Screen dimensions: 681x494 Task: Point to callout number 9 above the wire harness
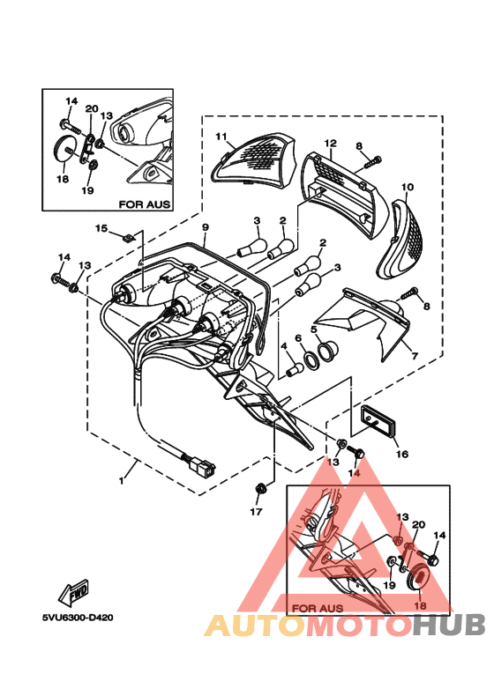coord(205,227)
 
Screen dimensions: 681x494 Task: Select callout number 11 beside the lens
coord(221,137)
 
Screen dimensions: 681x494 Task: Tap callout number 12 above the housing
coord(331,143)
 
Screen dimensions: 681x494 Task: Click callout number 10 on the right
coord(407,188)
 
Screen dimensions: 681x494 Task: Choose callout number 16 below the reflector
coord(401,455)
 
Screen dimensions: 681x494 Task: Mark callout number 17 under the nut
coord(258,511)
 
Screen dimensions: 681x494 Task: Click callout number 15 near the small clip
coord(101,229)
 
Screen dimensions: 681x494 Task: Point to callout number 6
coord(298,338)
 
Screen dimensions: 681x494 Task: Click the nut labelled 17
coord(261,487)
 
